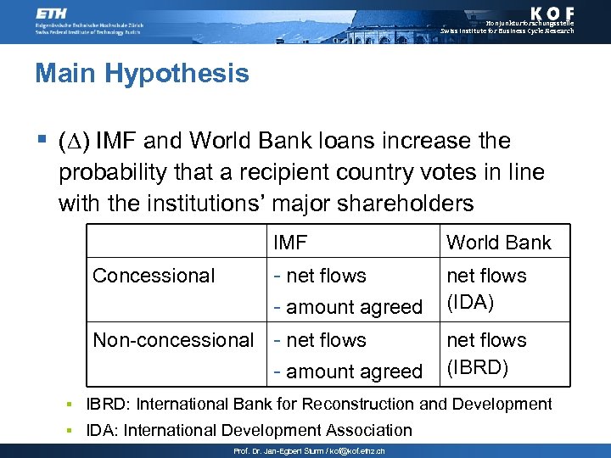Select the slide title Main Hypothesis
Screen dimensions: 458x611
(142, 73)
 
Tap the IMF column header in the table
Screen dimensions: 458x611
(290, 243)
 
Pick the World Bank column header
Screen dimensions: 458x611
(498, 243)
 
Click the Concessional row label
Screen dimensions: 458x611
(154, 276)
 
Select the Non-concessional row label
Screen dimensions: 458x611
(173, 340)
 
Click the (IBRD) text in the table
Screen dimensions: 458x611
(477, 368)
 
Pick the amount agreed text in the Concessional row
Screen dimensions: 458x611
(354, 307)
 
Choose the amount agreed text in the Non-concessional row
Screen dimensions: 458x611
(354, 371)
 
